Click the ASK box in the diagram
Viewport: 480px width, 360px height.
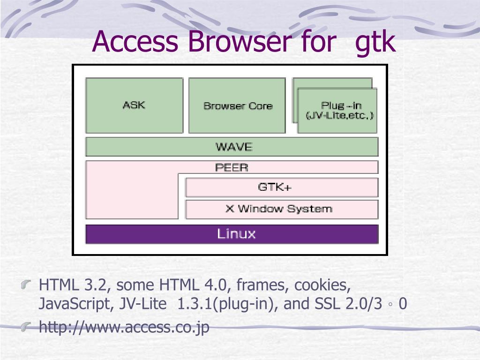tap(135, 105)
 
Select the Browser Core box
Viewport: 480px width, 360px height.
tap(237, 105)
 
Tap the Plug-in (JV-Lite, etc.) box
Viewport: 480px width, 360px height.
tap(337, 111)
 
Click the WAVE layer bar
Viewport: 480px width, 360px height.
tap(232, 147)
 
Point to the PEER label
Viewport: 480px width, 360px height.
tap(232, 167)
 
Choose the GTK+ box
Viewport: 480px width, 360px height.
tap(282, 187)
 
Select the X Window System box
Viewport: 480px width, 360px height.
tap(282, 210)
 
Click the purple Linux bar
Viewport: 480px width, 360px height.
tap(232, 234)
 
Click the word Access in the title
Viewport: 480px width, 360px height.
tap(135, 41)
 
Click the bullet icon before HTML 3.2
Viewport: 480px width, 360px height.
tap(26, 285)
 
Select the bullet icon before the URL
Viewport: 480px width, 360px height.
tap(26, 327)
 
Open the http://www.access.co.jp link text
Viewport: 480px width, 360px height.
tap(124, 327)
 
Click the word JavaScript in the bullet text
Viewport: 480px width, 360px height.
tap(75, 304)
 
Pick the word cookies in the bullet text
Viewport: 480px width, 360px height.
tap(322, 285)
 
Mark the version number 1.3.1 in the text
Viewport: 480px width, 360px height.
tap(195, 304)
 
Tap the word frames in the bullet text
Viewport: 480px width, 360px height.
tap(262, 285)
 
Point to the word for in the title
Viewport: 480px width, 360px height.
tap(318, 41)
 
